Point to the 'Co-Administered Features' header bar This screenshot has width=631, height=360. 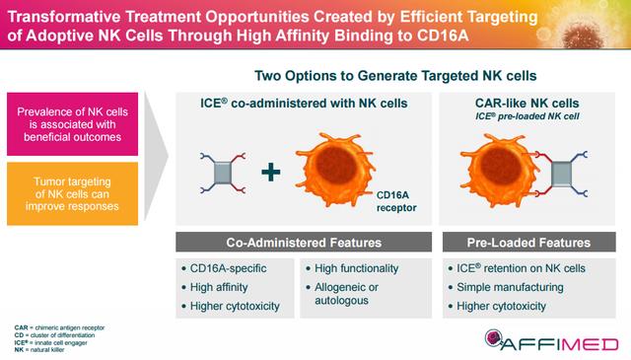tap(302, 241)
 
